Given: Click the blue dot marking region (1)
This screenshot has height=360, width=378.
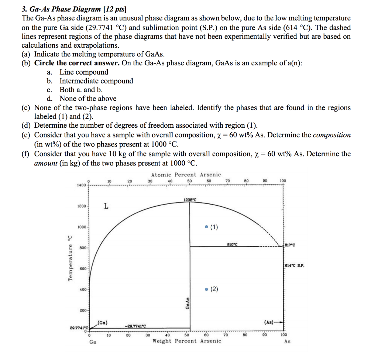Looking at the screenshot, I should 206,227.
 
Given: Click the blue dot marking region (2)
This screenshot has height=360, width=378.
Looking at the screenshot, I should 206,289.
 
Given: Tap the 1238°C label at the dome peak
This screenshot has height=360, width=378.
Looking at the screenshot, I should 190,200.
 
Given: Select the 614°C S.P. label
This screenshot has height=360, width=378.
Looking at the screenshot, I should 295,265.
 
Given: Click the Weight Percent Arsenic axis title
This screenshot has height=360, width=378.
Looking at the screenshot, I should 187,341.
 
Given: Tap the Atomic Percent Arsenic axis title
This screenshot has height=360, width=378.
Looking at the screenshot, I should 186,175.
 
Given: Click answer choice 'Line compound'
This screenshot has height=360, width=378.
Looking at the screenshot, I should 84,72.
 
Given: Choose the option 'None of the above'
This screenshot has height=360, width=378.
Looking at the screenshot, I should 88,99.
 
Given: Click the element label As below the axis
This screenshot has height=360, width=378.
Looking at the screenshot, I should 287,342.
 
